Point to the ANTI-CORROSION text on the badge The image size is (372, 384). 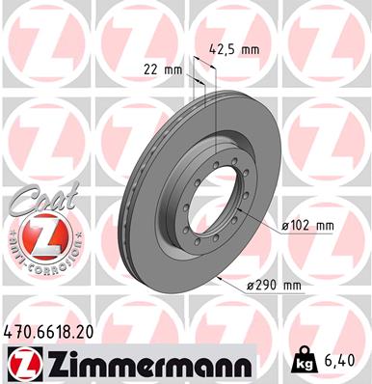[39, 264]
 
